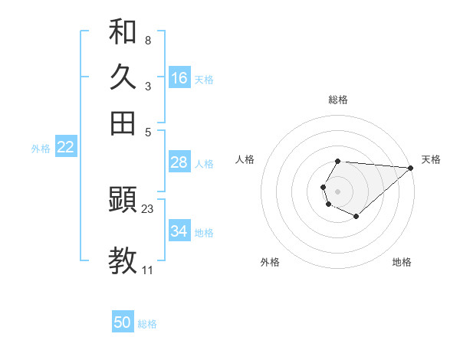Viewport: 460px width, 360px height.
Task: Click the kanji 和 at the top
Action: tap(123, 32)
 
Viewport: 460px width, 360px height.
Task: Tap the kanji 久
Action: tap(123, 77)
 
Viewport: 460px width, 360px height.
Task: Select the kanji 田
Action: tap(123, 123)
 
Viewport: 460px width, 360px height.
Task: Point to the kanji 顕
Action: tap(123, 201)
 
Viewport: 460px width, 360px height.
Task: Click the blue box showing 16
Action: tap(179, 78)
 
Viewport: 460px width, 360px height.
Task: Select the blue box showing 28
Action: tap(179, 162)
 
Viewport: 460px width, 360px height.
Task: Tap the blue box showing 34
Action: tap(179, 231)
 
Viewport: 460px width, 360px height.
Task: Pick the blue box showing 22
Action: tap(65, 147)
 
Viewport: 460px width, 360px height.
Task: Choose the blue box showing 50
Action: tap(123, 322)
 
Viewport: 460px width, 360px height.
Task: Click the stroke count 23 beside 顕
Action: tap(148, 208)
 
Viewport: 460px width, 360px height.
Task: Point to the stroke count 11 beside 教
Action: tap(147, 270)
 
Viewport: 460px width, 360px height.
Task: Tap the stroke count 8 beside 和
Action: tap(147, 40)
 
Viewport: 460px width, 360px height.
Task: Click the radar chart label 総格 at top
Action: tap(338, 100)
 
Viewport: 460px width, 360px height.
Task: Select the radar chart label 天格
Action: tap(431, 159)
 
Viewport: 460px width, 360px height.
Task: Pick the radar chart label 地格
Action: tap(402, 262)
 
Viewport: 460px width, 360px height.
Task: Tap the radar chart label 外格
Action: tap(270, 262)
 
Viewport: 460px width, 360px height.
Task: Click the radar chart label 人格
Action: tap(245, 159)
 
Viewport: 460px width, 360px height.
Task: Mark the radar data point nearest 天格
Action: tap(411, 168)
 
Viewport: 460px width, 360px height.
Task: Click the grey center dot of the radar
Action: tap(337, 189)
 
